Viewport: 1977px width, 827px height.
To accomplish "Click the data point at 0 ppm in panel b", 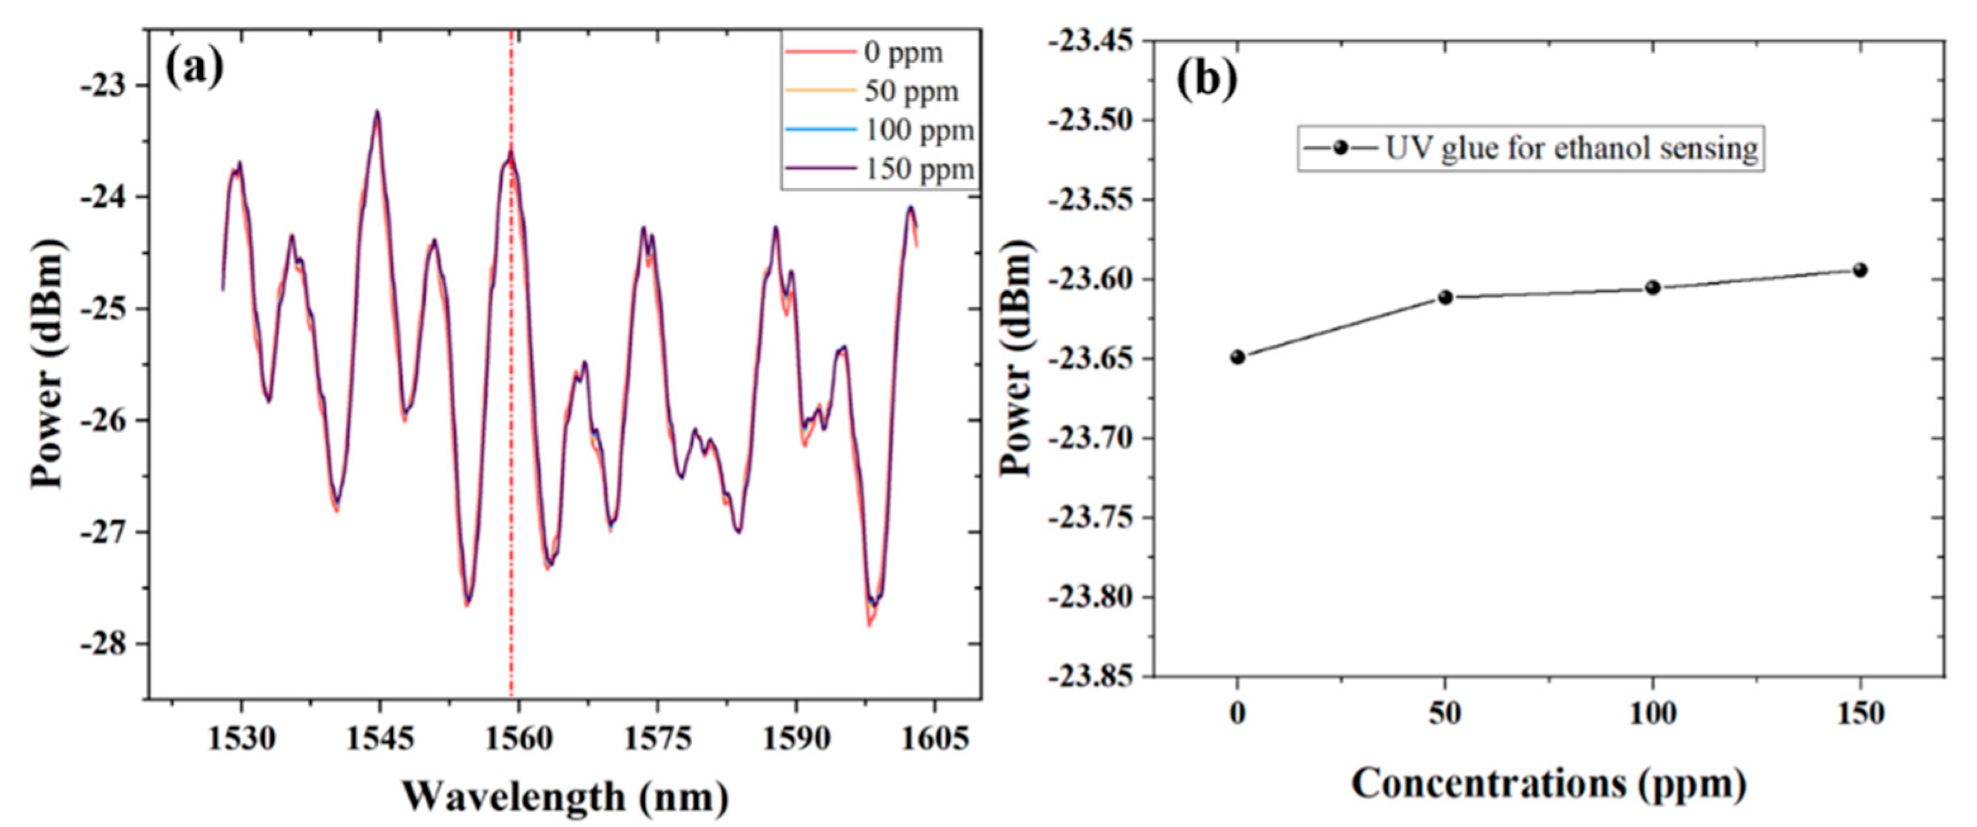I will (x=1237, y=357).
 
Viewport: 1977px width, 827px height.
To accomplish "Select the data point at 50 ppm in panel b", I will (x=1445, y=297).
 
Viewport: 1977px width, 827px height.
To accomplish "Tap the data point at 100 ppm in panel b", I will (x=1652, y=287).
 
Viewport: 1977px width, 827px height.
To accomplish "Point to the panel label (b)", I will (x=1207, y=79).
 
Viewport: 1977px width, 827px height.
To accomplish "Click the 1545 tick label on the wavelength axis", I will (x=380, y=739).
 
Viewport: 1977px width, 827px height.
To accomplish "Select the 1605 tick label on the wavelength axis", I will (x=934, y=739).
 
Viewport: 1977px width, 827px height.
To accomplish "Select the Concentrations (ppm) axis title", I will (x=1549, y=784).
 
